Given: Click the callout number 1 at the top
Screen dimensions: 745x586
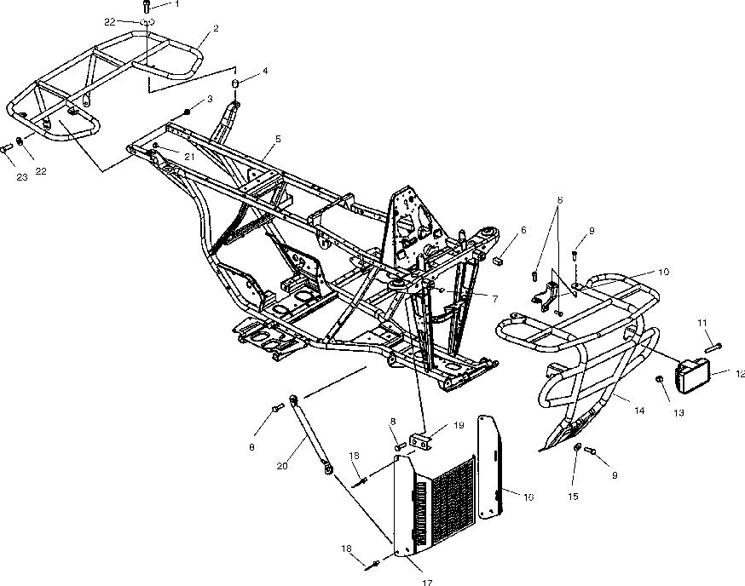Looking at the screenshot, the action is coord(176,4).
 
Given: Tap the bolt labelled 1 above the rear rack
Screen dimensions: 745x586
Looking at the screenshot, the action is coord(147,7).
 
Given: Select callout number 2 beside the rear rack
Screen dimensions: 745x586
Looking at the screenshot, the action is coord(216,28).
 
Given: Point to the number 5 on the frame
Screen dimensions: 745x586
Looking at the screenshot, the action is coord(277,138).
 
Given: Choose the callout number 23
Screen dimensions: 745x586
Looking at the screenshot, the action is coord(23,177).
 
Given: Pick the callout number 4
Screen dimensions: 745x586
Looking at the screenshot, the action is coord(265,71).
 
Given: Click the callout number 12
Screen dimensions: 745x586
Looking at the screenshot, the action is coord(740,372).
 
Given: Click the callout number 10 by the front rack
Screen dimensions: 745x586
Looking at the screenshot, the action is coord(662,272).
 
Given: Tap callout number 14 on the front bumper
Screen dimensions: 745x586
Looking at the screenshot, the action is coord(639,410).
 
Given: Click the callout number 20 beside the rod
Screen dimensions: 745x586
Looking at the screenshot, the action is coord(282,465).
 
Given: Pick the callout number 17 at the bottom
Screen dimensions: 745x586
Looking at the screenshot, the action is coord(427,582).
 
